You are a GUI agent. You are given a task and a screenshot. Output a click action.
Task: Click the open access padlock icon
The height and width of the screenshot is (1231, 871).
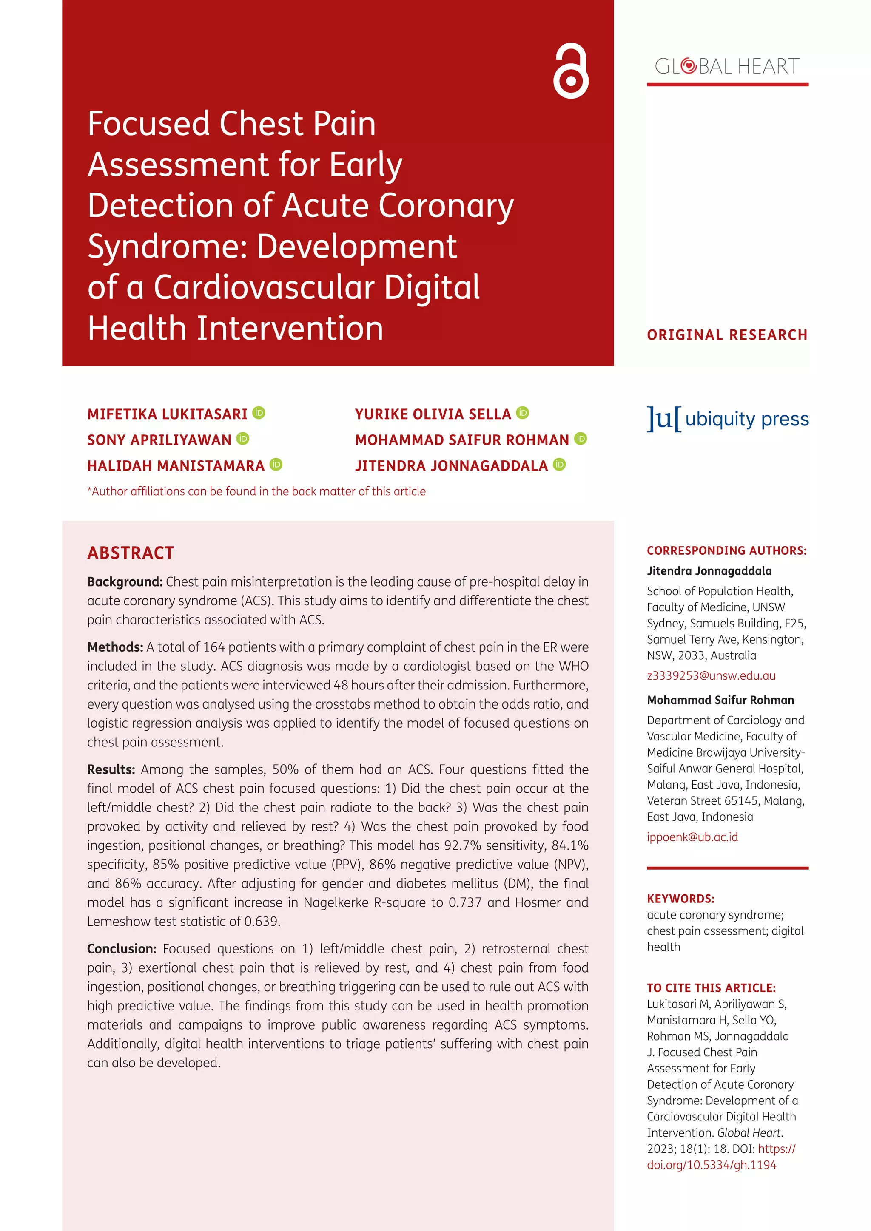click(571, 71)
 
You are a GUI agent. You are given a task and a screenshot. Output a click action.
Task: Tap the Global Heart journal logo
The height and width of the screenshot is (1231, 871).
click(727, 66)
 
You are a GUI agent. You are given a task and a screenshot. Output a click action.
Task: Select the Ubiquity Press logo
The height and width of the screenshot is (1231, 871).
click(727, 419)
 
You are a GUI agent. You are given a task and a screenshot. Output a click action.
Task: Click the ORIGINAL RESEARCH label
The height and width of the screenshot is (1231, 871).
click(727, 335)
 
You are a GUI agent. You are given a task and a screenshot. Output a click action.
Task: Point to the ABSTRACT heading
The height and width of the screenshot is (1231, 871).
click(131, 553)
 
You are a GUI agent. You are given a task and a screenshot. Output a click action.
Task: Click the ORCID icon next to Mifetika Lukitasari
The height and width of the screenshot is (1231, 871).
click(259, 413)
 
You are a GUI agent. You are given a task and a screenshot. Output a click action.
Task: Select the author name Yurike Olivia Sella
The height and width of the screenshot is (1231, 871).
click(433, 414)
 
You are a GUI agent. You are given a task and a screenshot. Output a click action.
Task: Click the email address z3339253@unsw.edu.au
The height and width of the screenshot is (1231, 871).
click(711, 675)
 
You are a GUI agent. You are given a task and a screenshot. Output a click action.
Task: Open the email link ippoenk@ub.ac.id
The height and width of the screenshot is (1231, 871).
click(692, 837)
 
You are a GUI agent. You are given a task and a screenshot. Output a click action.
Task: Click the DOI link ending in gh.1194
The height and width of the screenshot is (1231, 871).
click(711, 1165)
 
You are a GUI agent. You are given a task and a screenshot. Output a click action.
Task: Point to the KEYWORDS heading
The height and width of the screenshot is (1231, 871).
click(680, 899)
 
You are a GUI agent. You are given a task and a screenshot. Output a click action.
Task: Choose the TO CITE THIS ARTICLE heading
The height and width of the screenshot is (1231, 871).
click(711, 987)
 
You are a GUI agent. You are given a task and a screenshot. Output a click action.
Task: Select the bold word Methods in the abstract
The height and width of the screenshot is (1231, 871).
click(115, 647)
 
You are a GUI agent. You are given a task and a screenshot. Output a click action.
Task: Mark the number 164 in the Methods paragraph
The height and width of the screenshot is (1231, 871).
click(214, 647)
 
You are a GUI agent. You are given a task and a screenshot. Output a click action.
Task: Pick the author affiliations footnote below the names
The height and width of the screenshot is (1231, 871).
click(256, 491)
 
